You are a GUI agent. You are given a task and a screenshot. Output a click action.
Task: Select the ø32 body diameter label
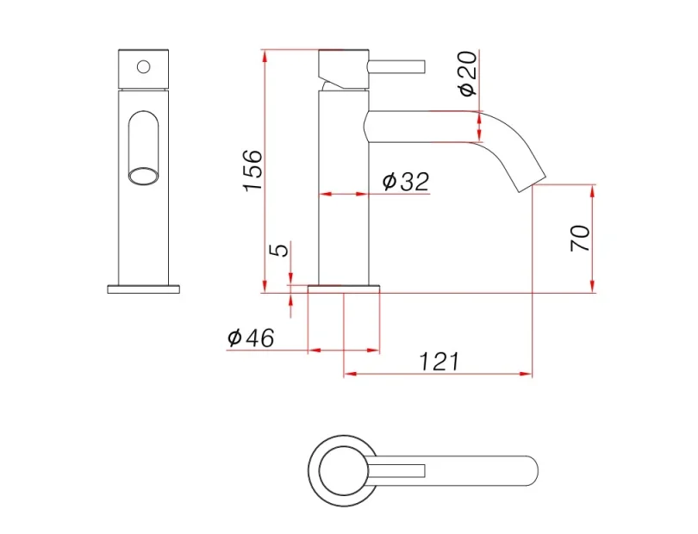(404, 181)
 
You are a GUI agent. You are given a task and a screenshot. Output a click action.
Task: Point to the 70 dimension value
(580, 238)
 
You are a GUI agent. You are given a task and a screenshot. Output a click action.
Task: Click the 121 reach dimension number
(439, 362)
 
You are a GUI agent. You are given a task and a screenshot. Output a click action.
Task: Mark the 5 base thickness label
(277, 250)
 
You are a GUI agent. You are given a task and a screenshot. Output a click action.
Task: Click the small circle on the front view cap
(144, 65)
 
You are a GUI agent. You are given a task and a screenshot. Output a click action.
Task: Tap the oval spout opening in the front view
(144, 177)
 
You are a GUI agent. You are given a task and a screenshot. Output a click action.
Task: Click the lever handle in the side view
(397, 65)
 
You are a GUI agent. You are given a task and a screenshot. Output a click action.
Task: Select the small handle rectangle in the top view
(398, 469)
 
